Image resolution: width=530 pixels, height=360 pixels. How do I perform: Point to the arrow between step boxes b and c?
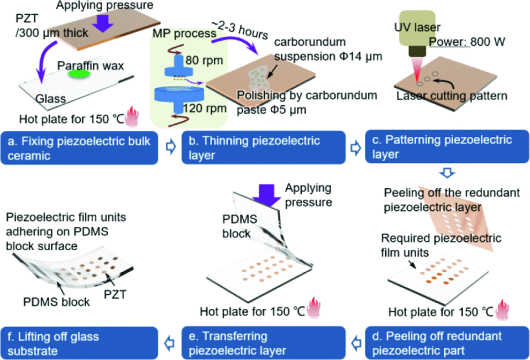tap(354, 147)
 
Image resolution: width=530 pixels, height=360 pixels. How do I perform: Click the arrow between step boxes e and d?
tap(354, 340)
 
